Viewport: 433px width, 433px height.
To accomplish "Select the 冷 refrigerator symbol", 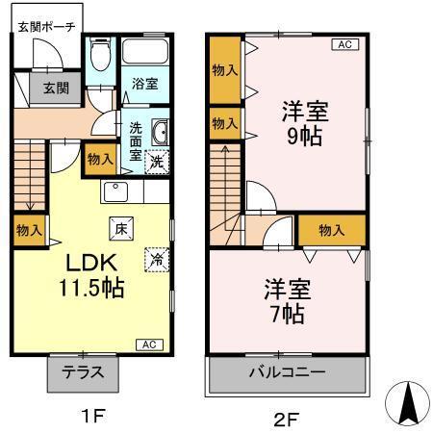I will pyautogui.click(x=155, y=258).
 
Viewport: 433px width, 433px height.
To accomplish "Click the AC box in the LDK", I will pyautogui.click(x=150, y=344).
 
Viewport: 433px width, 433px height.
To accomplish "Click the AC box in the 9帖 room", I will pyautogui.click(x=344, y=43).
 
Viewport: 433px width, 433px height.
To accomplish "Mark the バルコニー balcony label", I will pyautogui.click(x=288, y=372).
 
